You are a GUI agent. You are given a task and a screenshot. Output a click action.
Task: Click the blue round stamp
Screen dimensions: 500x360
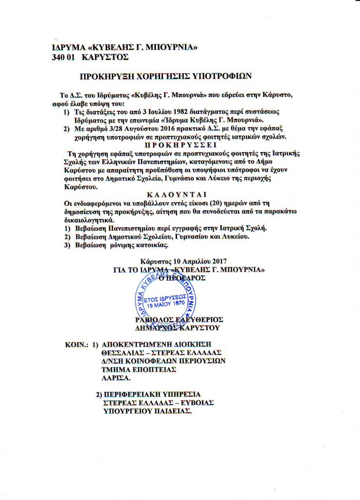[x=166, y=299]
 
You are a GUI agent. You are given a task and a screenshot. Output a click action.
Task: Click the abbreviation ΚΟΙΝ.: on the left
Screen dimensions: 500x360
[x=77, y=344]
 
